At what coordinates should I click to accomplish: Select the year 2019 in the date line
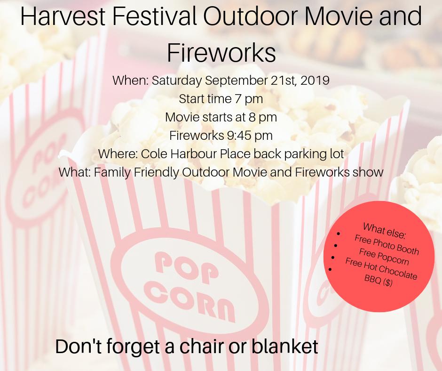pyautogui.click(x=315, y=81)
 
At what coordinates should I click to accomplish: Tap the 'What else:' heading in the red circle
pyautogui.click(x=384, y=230)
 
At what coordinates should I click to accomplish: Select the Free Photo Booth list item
pyautogui.click(x=387, y=244)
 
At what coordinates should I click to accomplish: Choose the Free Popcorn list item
pyautogui.click(x=384, y=258)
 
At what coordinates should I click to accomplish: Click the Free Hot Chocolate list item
pyautogui.click(x=381, y=269)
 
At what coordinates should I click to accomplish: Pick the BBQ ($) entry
pyautogui.click(x=378, y=281)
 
